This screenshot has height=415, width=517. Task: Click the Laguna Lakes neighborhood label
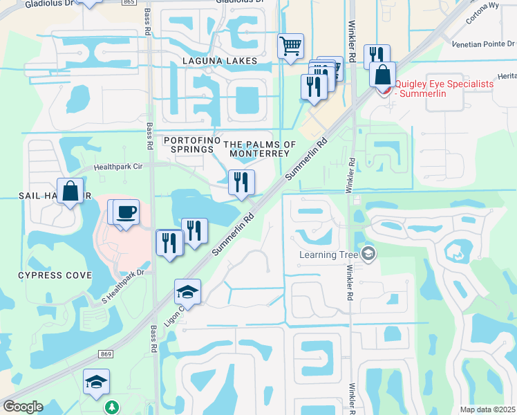(x=220, y=61)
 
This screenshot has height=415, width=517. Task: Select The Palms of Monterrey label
(x=260, y=149)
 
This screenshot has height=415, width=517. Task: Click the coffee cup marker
(x=126, y=212)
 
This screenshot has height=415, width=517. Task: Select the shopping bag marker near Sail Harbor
(x=70, y=191)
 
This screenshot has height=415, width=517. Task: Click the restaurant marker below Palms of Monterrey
(x=241, y=183)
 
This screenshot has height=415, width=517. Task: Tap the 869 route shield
(x=105, y=354)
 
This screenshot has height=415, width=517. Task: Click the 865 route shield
(x=128, y=2)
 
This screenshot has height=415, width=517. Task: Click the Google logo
(x=23, y=407)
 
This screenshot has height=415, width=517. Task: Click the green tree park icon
(x=111, y=407)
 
